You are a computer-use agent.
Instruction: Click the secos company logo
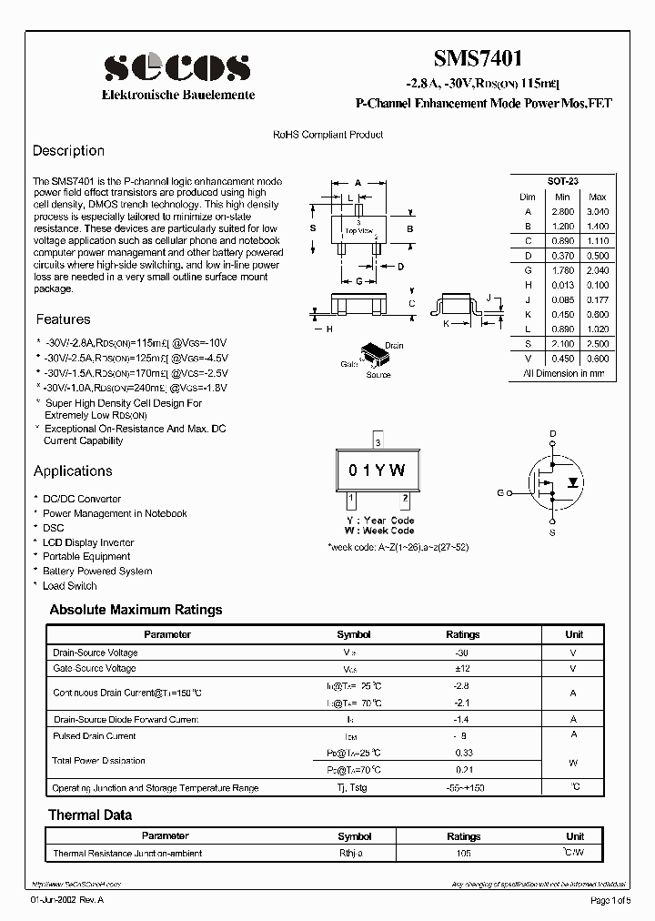coord(176,67)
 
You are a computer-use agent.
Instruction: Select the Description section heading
coord(68,151)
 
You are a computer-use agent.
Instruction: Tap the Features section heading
coord(63,319)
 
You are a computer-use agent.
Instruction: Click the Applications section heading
coord(73,471)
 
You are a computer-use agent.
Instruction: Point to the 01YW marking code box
coord(378,471)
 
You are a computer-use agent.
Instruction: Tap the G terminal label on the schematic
coord(499,492)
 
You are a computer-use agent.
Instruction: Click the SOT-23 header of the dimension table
coord(562,182)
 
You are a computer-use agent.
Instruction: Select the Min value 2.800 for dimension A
coord(562,211)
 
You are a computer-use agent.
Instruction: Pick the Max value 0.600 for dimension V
coord(597,359)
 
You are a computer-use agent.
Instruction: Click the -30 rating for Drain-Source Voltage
coord(462,653)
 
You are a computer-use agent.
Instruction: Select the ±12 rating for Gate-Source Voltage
coord(462,669)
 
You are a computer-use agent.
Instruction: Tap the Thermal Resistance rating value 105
coord(463,854)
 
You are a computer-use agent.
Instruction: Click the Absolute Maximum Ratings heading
coord(136,611)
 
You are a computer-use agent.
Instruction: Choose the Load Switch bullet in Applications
coord(69,586)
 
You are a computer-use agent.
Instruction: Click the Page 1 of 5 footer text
coord(614,901)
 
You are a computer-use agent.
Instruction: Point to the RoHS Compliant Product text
coord(328,135)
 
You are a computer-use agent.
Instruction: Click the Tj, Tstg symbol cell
coord(354,787)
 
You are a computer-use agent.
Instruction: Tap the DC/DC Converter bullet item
coord(81,500)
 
